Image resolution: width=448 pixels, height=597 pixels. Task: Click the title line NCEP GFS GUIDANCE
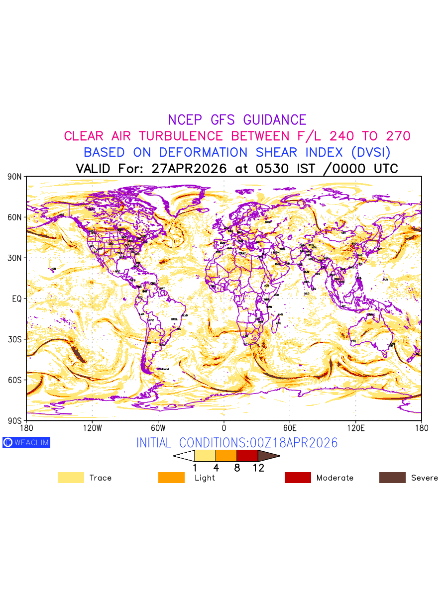[x=237, y=120]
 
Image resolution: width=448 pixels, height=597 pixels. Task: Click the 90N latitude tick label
[x=14, y=177]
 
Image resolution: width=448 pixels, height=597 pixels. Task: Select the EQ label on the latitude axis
[x=16, y=298]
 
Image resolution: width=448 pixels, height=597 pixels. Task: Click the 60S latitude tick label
[x=14, y=380]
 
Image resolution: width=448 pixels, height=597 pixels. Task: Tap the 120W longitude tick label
[x=92, y=428]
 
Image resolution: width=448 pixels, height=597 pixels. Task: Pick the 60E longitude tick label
[x=290, y=428]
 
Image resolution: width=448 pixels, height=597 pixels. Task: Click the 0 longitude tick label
[x=224, y=428]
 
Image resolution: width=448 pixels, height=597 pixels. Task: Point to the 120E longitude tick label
[x=355, y=428]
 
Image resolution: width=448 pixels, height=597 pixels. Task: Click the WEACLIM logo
[x=26, y=442]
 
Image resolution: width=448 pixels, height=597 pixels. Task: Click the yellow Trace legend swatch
[x=71, y=478]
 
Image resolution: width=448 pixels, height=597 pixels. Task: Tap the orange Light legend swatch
[x=171, y=478]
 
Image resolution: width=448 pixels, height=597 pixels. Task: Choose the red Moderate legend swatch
[x=298, y=478]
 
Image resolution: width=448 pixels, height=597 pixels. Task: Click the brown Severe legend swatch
[x=392, y=478]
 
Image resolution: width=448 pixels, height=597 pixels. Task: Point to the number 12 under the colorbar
[x=258, y=468]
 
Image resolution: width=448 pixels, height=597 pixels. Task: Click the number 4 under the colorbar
[x=216, y=468]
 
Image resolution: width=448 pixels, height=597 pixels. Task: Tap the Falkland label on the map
[x=163, y=369]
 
